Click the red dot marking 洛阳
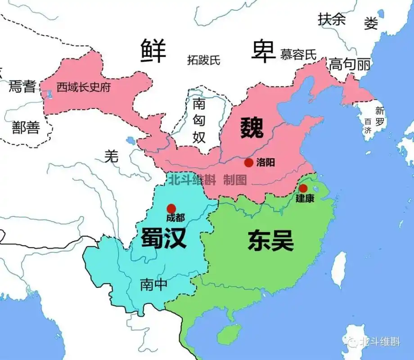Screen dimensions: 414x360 [x=248, y=162]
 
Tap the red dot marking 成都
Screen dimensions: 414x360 [x=171, y=208]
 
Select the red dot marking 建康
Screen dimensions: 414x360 [x=303, y=188]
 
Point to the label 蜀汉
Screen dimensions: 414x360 [x=163, y=238]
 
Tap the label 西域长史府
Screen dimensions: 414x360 [x=83, y=87]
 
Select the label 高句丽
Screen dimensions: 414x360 [x=350, y=65]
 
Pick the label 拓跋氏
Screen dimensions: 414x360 [x=204, y=59]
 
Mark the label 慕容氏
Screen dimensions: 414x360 [x=298, y=55]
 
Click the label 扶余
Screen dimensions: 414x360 [x=332, y=19]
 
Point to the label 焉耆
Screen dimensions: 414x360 [x=22, y=86]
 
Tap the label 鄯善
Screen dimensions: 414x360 [x=26, y=128]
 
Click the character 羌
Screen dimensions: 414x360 [x=111, y=156]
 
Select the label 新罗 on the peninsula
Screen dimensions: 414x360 [x=380, y=116]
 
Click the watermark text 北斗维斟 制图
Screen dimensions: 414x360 [x=207, y=180]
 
